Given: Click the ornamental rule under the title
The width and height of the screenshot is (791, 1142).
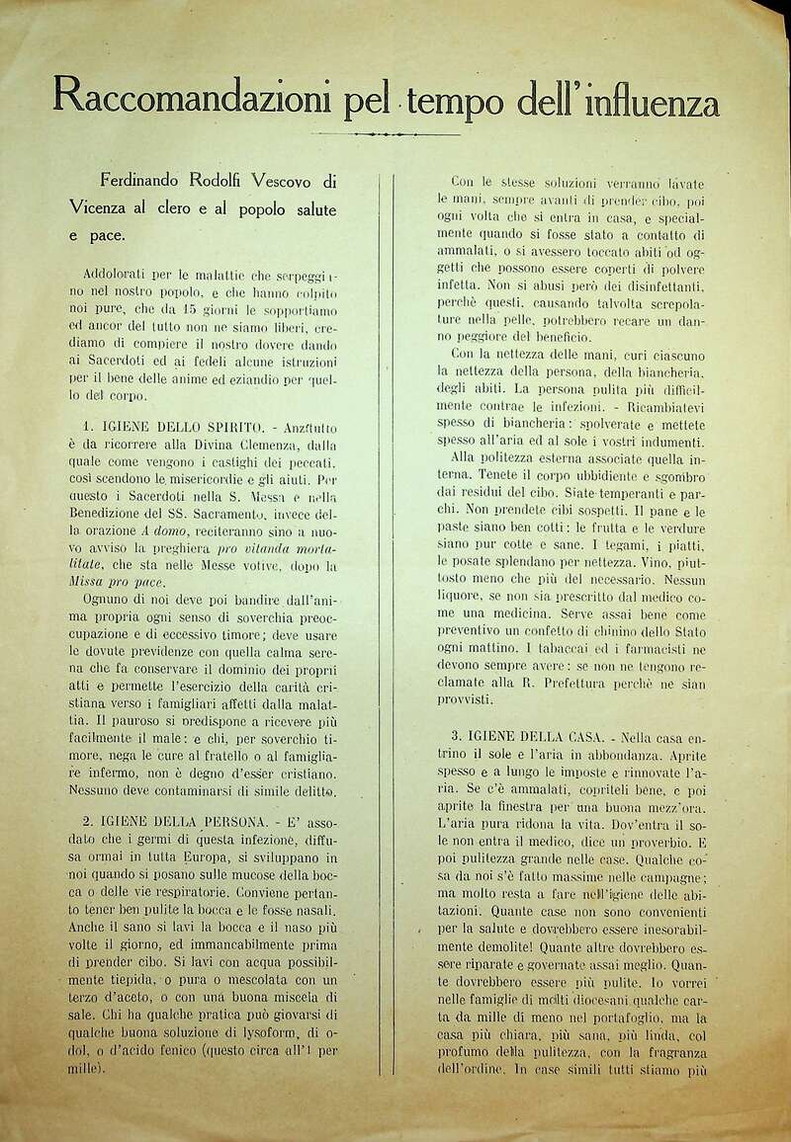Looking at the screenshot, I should tap(386, 133).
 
